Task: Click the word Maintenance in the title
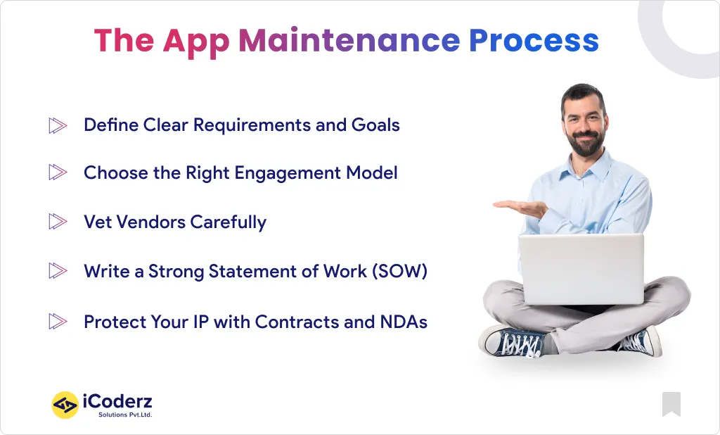tap(349, 41)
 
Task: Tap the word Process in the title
tap(534, 41)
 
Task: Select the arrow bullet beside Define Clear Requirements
tap(58, 126)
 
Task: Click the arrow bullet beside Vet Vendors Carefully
tap(58, 222)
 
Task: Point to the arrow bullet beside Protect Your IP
tap(58, 322)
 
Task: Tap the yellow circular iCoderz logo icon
tap(65, 405)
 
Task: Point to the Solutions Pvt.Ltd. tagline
tap(124, 415)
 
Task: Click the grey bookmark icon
tap(671, 403)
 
